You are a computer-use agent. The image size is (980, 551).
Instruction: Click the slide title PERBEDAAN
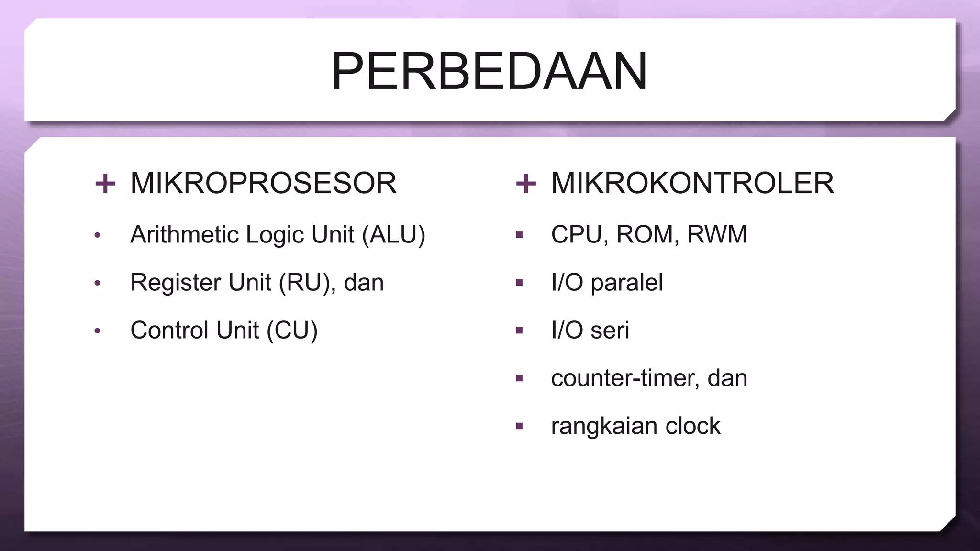[x=489, y=72]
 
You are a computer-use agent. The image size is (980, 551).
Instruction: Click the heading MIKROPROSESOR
[x=263, y=183]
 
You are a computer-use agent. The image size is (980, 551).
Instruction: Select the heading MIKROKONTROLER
[x=692, y=183]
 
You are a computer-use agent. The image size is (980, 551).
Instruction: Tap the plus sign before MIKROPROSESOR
[x=105, y=184]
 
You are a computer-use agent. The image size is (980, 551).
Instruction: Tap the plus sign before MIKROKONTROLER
[x=526, y=184]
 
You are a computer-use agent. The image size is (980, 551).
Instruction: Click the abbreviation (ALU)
[x=393, y=235]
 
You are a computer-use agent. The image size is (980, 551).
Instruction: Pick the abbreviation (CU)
[x=292, y=331]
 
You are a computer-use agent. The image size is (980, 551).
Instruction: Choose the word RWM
[x=717, y=235]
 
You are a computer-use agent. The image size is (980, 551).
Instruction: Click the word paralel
[x=626, y=283]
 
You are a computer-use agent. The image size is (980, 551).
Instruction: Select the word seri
[x=610, y=331]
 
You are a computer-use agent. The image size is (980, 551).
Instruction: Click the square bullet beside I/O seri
[x=519, y=331]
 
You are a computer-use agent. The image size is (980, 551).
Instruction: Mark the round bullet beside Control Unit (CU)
[x=98, y=331]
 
